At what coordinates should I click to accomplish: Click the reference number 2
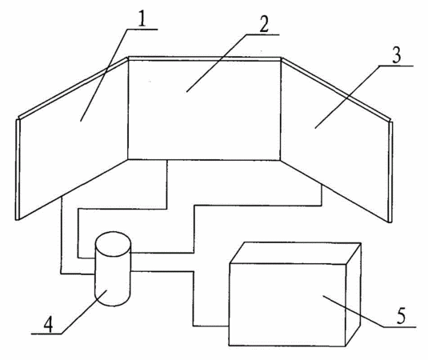pos(264,24)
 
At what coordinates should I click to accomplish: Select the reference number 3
pos(396,55)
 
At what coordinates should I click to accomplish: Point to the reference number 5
pos(401,316)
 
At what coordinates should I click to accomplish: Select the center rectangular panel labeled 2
pos(205,108)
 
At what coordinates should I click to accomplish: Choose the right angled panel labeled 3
pos(336,140)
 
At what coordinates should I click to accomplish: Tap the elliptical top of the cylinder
pos(113,244)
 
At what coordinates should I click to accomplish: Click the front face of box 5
pos(287,305)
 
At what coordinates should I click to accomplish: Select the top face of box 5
pos(295,253)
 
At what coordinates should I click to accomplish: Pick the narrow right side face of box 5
pos(354,294)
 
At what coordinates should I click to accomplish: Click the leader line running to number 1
pos(104,75)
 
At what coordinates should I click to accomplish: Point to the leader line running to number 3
pos(347,97)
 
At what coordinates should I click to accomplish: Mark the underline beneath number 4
pos(46,334)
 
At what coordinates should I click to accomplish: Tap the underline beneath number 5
pos(400,326)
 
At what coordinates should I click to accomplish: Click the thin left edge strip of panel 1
pos(18,170)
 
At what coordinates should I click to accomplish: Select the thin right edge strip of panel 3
pos(390,172)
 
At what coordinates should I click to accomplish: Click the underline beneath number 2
pos(262,34)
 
